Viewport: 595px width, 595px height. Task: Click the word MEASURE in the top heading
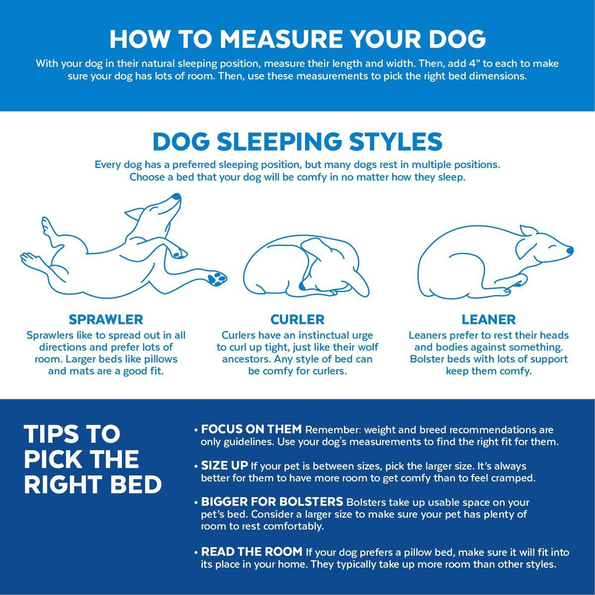tap(281, 39)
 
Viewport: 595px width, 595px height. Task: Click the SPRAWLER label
tap(106, 320)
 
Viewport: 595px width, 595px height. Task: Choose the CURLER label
tap(297, 320)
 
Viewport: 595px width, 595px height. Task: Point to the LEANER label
tap(488, 320)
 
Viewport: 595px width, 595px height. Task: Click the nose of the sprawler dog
tap(177, 197)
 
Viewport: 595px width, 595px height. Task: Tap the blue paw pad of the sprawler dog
tap(217, 278)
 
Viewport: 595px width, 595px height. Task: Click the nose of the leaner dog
tap(570, 250)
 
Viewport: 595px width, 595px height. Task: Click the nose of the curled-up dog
tap(301, 286)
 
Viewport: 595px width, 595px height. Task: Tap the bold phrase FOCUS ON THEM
tap(251, 429)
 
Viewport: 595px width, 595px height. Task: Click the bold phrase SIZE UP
tap(225, 465)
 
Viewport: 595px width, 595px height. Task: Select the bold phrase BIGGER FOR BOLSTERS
tap(272, 502)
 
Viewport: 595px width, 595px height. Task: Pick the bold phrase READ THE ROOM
tap(252, 551)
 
